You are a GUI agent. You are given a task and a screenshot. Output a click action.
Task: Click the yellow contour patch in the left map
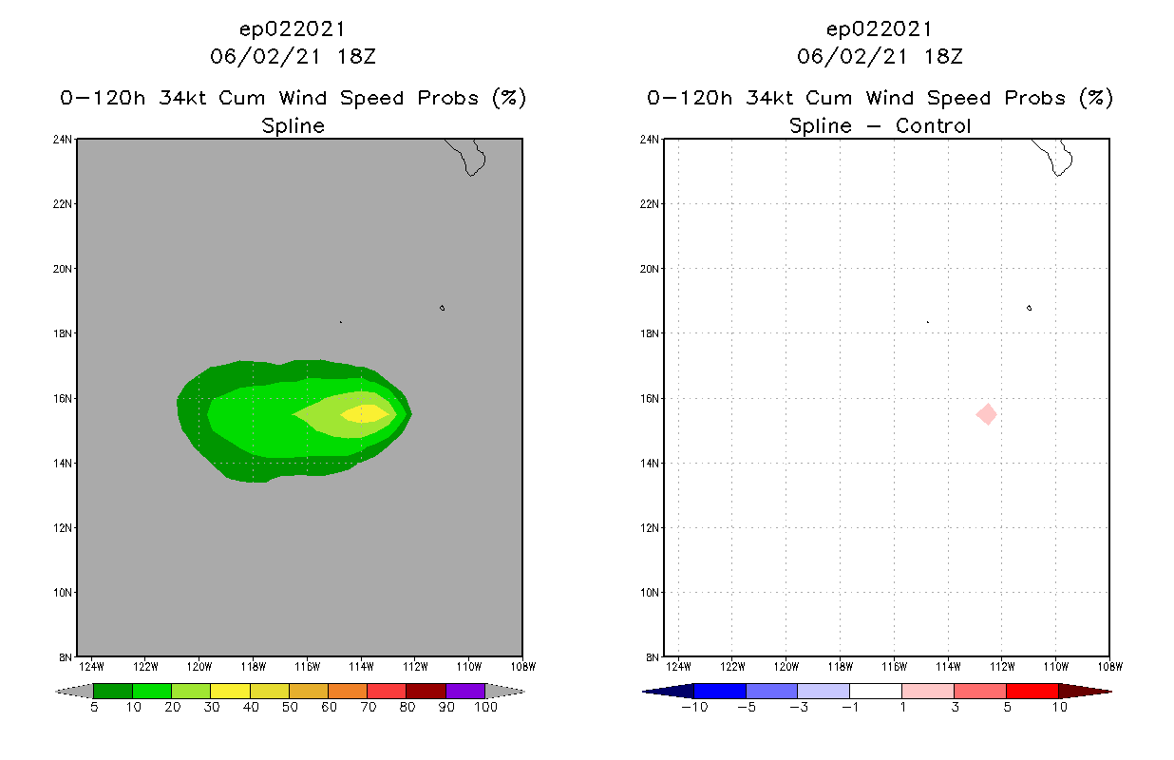(365, 412)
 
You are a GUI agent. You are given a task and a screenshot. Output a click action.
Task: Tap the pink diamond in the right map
(987, 414)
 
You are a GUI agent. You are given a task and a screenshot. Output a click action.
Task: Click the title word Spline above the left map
(293, 125)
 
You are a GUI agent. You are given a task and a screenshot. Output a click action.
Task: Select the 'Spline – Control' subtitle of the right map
(880, 125)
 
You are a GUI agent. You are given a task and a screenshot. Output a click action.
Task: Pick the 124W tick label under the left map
(90, 665)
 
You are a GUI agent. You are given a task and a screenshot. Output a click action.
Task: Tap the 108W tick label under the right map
(1108, 665)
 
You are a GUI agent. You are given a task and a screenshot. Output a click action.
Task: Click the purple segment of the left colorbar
(465, 691)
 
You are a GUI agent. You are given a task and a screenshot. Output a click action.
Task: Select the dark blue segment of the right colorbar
(720, 691)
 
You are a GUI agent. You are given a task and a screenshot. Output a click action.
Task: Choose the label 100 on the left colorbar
(485, 708)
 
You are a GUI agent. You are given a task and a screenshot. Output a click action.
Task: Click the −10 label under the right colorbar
(694, 708)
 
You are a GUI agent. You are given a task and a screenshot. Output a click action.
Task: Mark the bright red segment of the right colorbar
(1032, 691)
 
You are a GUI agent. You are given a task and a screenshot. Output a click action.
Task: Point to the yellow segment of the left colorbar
(230, 691)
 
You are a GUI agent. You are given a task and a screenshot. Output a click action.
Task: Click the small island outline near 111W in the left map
(442, 308)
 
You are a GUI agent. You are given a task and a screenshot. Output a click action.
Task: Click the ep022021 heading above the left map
(293, 28)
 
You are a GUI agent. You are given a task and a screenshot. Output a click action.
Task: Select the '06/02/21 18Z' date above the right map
(880, 56)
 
